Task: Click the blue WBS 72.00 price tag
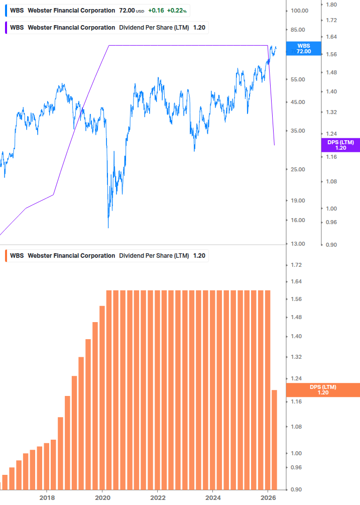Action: click(303, 48)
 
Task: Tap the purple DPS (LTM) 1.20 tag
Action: click(340, 145)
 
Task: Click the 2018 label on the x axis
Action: click(47, 498)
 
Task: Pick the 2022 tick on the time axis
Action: click(158, 498)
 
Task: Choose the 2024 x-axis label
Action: click(213, 498)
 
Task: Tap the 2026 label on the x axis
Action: click(268, 498)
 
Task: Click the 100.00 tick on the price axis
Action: click(299, 11)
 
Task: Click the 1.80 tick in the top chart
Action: click(331, 4)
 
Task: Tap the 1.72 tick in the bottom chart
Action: click(296, 265)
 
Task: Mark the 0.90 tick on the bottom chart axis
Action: click(296, 489)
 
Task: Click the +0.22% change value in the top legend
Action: click(177, 10)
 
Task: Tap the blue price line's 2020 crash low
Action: click(108, 227)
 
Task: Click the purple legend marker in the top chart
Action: click(6, 28)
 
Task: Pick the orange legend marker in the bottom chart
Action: click(6, 255)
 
